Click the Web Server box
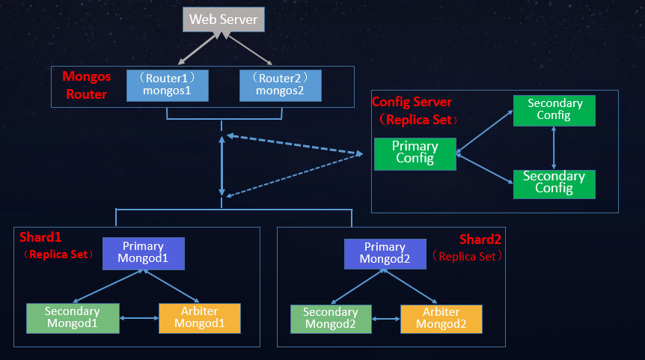point(224,19)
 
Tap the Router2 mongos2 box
point(281,85)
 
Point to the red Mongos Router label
point(87,85)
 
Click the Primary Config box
point(415,153)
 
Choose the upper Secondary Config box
point(554,109)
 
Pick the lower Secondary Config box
point(554,183)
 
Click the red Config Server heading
point(412,102)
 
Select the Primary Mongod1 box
point(144,253)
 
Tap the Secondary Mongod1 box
point(73,318)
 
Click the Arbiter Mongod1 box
point(199,318)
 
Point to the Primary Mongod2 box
point(385,253)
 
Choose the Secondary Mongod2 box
point(330,318)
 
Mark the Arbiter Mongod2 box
point(441,318)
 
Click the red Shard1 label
point(40,237)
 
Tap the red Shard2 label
point(480,239)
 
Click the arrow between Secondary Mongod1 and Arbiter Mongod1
point(138,319)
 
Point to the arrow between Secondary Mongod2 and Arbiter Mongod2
point(385,319)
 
